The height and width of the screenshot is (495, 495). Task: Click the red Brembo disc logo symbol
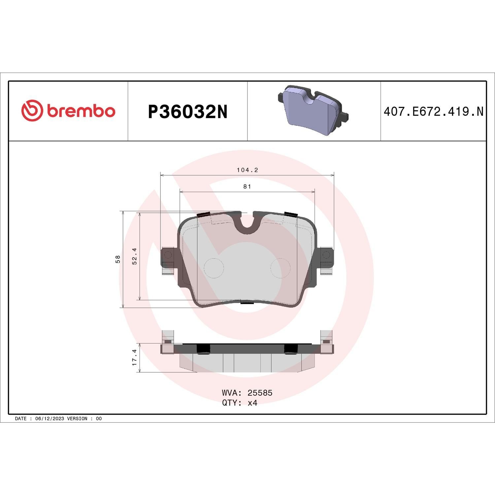point(32,111)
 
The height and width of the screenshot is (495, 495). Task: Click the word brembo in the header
point(81,111)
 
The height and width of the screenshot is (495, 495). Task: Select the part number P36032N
point(187,112)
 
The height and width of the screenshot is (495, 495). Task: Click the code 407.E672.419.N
point(433,112)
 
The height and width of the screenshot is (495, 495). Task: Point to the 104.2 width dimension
point(247,170)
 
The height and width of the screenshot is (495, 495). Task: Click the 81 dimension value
point(247,187)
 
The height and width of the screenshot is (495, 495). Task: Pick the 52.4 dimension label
point(134,256)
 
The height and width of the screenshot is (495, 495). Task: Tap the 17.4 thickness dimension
point(134,358)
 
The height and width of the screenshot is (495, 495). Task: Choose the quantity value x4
point(252,403)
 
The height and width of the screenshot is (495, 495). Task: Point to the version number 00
point(99,418)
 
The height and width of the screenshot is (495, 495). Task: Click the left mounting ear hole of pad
point(168,255)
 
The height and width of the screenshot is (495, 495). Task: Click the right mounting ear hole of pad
point(326,255)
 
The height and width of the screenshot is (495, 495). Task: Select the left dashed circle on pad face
point(214,268)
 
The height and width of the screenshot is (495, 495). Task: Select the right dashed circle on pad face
point(280,268)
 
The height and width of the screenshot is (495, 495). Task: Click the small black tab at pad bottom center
point(247,302)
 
